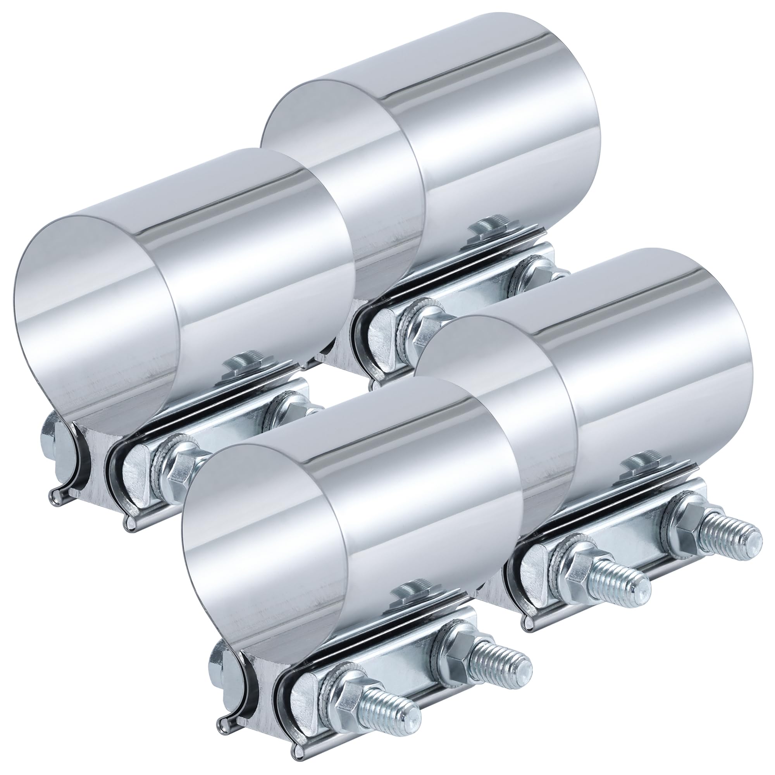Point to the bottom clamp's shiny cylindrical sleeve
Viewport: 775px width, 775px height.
(361, 501)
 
